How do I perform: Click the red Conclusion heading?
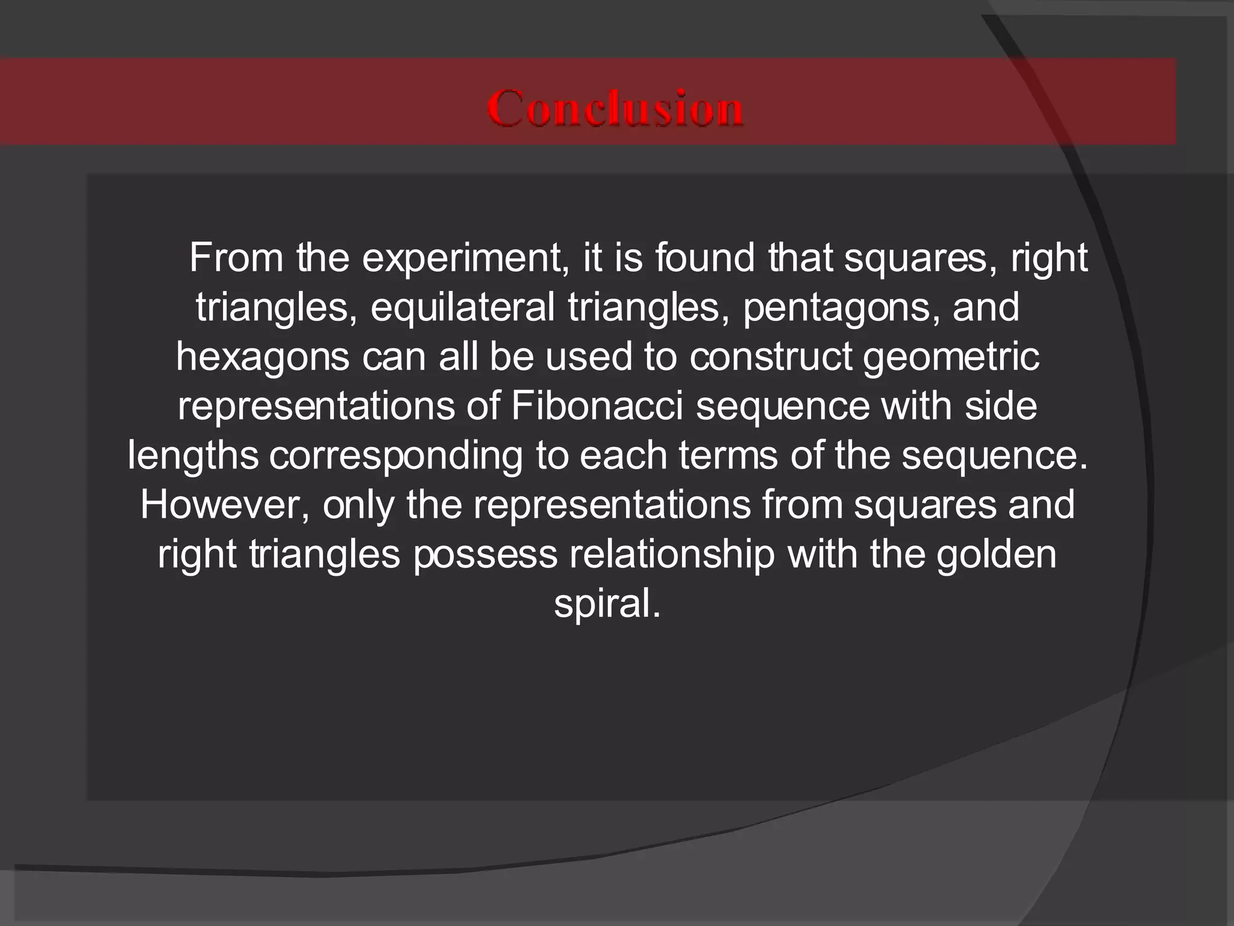615,108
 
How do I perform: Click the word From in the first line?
236,258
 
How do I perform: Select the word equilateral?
462,307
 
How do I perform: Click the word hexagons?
262,357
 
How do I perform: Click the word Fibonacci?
597,406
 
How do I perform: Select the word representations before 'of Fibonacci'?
316,407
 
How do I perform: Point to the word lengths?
193,456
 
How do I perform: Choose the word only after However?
358,506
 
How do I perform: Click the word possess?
485,555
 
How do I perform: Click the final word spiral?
606,605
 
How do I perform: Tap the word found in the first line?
705,258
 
